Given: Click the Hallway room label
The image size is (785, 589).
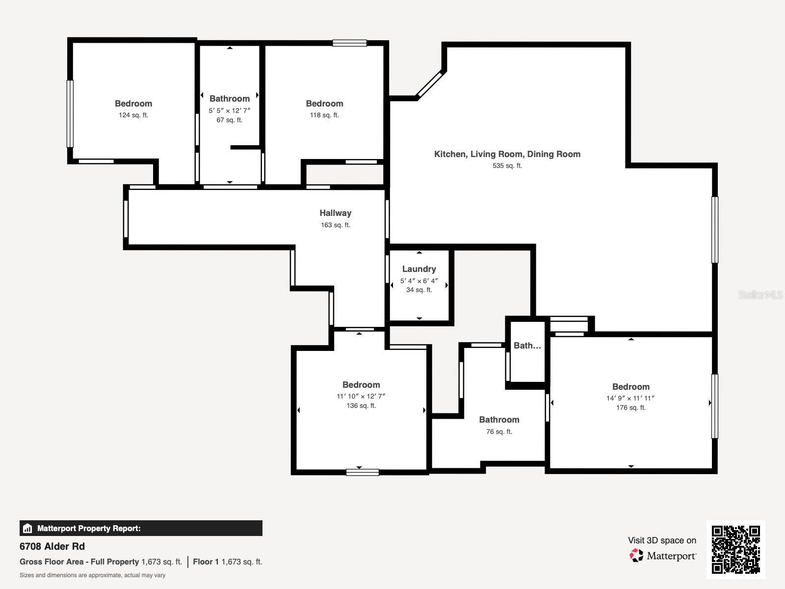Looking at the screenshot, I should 335,213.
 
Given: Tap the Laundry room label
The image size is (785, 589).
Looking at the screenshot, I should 419,269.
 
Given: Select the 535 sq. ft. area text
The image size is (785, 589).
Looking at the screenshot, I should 507,166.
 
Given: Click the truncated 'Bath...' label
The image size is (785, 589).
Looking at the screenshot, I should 527,346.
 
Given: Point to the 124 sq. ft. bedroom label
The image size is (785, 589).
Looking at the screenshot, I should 133,104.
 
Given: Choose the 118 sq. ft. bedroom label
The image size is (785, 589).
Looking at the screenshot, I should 324,104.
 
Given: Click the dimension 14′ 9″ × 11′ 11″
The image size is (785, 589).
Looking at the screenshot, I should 630,398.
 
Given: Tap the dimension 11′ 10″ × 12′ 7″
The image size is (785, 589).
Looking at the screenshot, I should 361,396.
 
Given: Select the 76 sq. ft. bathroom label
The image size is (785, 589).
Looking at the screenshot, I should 499,420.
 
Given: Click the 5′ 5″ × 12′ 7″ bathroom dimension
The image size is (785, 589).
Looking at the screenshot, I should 229,111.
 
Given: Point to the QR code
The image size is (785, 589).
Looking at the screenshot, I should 735,549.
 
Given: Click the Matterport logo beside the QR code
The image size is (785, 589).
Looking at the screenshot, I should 663,556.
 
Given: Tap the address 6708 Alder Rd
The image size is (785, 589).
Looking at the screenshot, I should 52,546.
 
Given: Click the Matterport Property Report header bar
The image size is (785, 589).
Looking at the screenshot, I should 141,528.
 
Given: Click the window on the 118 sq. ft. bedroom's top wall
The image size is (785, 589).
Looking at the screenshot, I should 349,43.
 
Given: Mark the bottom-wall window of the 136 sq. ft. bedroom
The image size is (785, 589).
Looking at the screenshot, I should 362,472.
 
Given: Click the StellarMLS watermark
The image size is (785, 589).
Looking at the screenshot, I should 760,295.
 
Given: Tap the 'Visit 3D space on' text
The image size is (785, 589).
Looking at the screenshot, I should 662,540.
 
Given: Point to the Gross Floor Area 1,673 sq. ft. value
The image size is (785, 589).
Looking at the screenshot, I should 161,562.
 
